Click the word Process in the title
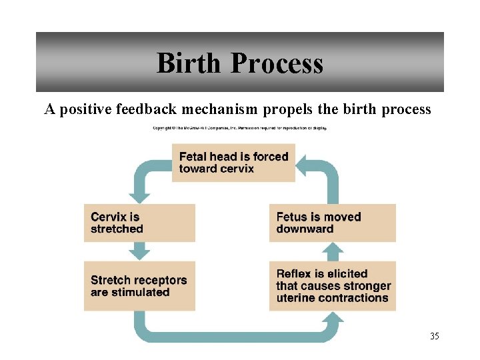pos(277,63)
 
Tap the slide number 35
pos(435,336)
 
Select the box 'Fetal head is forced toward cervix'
pos(233,163)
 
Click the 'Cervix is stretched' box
pos(139,223)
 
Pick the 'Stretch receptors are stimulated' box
pos(139,286)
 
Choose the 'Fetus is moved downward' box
pos(336,223)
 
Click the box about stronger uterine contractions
pos(336,286)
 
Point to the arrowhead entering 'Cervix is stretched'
pos(139,197)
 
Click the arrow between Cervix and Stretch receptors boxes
pos(139,251)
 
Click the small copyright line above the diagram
pos(240,127)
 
